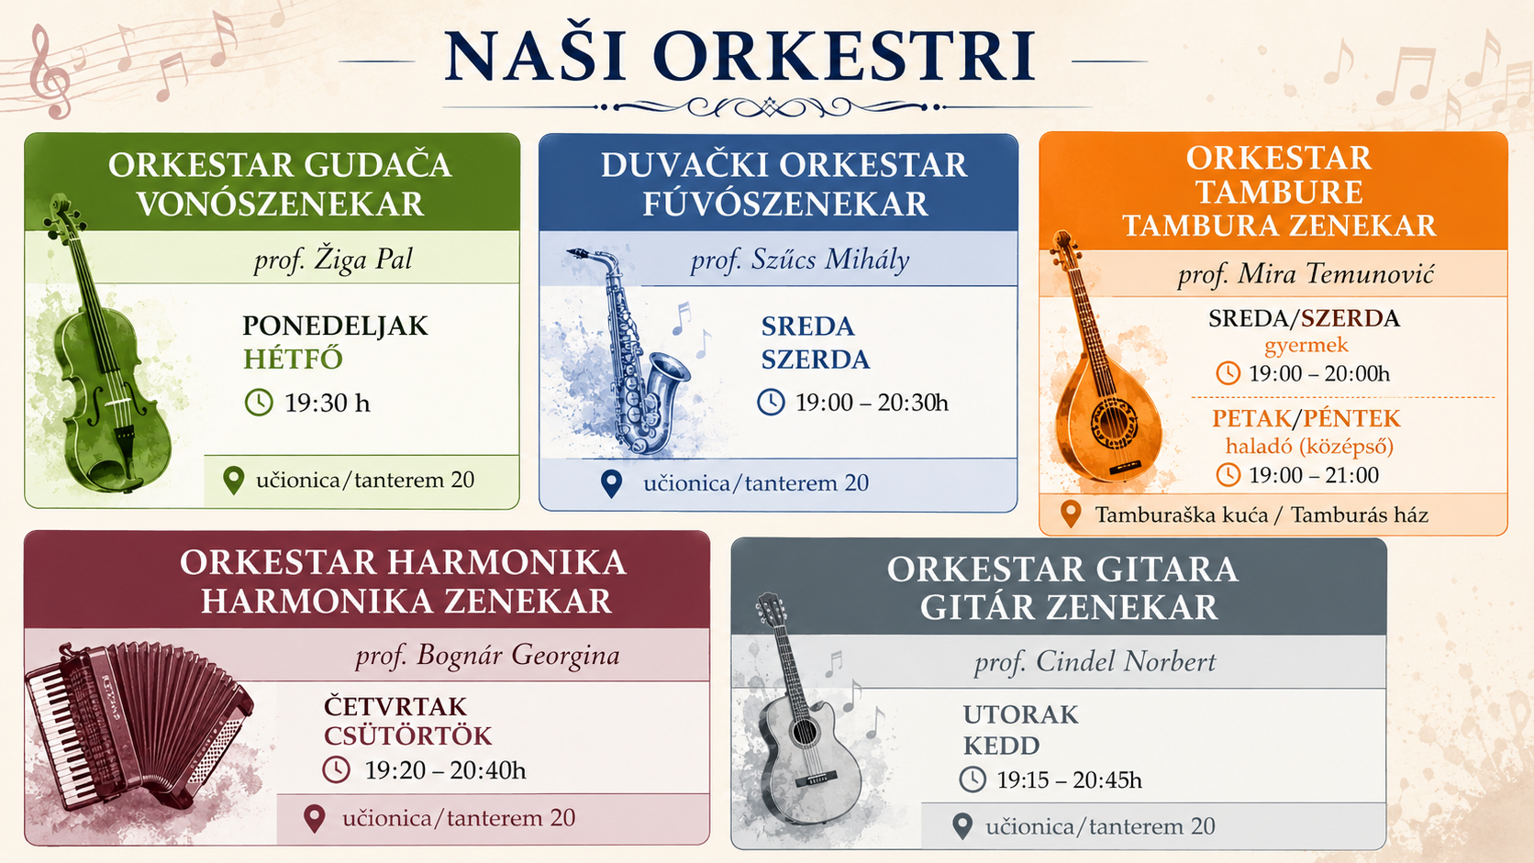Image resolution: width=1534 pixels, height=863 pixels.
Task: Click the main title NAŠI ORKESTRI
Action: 739,56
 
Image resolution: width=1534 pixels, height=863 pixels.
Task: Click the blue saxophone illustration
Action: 627,352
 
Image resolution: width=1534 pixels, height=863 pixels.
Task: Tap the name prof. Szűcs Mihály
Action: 800,260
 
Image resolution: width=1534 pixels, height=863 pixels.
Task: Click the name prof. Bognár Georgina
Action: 487,656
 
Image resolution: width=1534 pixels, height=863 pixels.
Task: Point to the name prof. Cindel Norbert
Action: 1095,662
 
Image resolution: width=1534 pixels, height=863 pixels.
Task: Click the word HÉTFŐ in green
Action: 293,360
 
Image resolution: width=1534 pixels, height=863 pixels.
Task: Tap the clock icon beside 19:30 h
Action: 259,403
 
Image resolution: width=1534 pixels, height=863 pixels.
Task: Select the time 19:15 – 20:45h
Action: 1069,780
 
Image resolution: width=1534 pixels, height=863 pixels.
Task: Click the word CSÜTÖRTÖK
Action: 407,736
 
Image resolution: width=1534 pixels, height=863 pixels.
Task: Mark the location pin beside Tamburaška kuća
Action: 1071,514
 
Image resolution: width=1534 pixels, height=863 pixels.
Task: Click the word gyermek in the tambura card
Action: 1306,345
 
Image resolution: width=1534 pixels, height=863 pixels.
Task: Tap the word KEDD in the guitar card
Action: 1001,746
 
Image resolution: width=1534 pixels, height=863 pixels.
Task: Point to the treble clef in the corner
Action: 50,72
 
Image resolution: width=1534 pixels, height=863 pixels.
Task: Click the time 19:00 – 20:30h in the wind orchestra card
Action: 872,403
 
